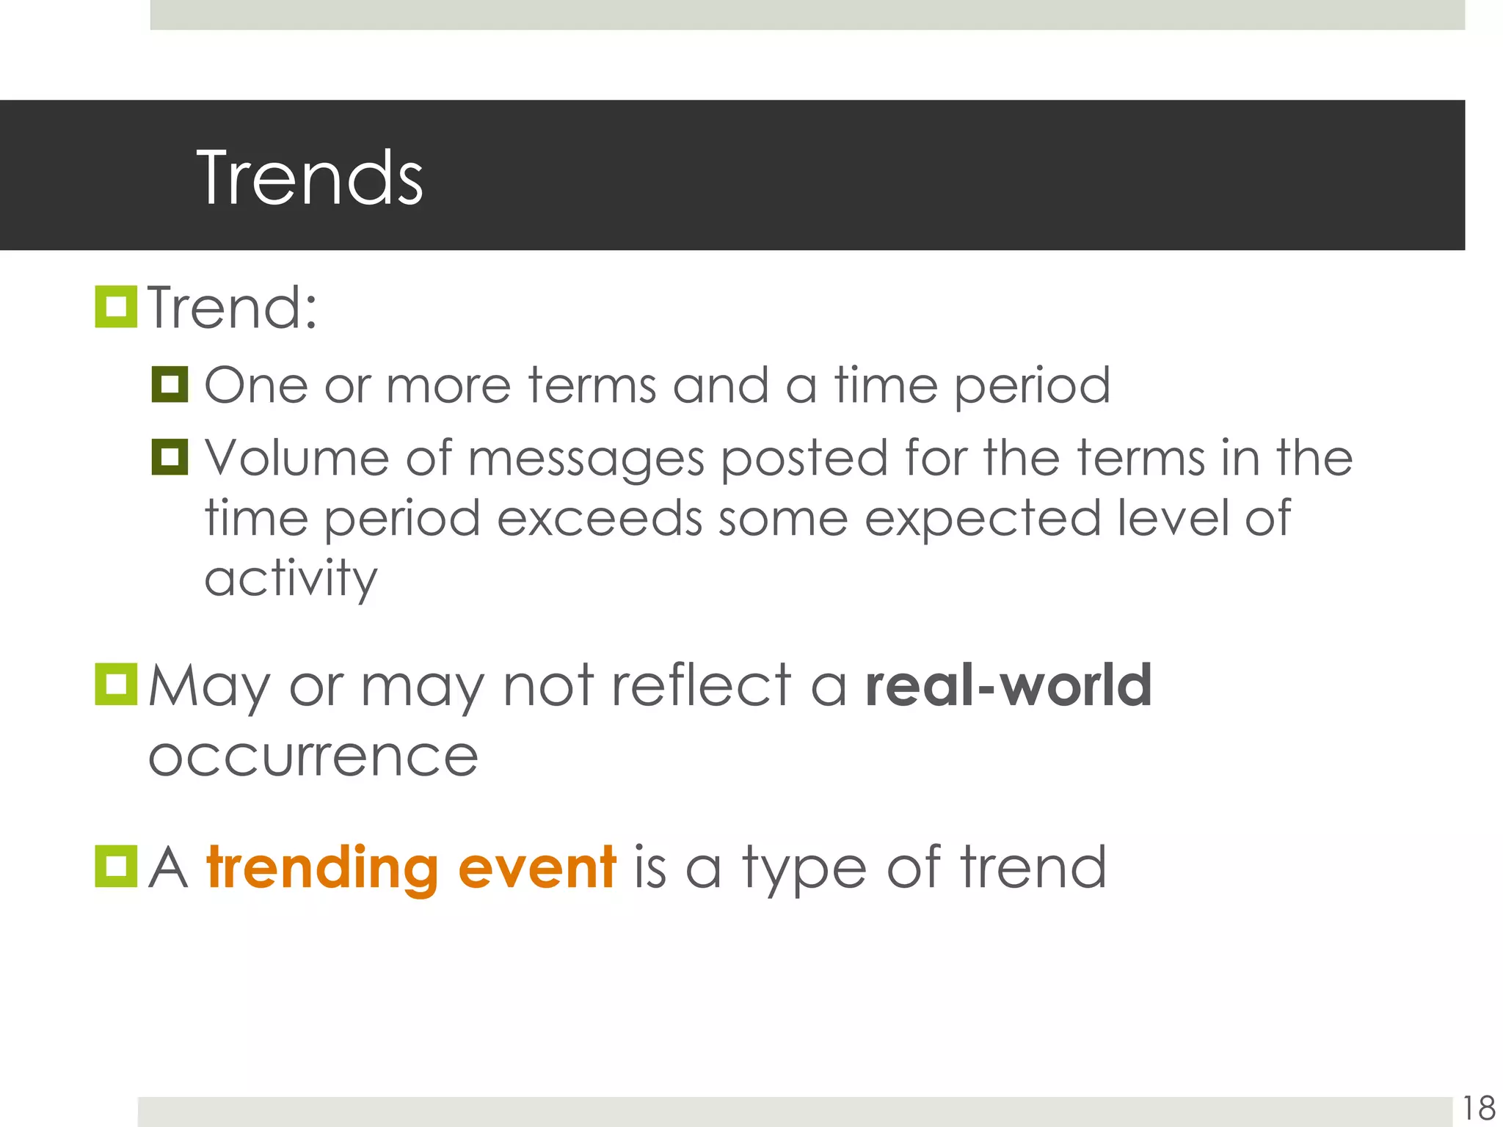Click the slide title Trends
click(x=310, y=178)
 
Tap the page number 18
click(x=1478, y=1108)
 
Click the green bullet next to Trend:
click(x=116, y=307)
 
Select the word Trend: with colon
click(x=233, y=308)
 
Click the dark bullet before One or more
click(x=170, y=384)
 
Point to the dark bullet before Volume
click(x=170, y=457)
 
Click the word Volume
click(x=296, y=458)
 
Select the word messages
click(x=586, y=461)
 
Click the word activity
click(x=291, y=580)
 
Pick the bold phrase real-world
click(x=1008, y=685)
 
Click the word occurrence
click(x=313, y=757)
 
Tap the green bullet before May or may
click(x=116, y=685)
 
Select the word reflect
click(x=701, y=685)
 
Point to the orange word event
click(x=536, y=867)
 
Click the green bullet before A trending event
click(x=116, y=867)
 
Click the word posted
click(x=804, y=461)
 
